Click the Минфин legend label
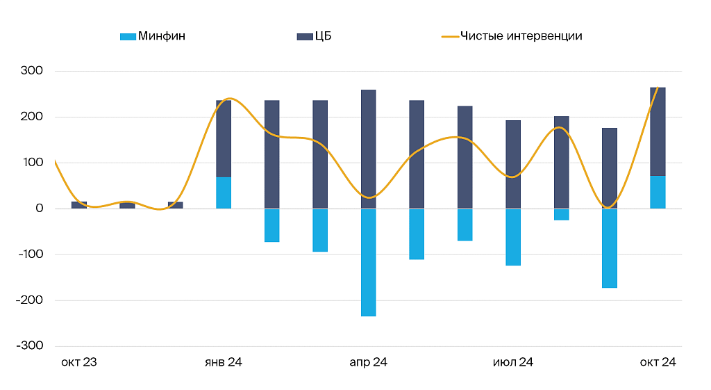(x=161, y=36)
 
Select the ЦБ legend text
(x=323, y=36)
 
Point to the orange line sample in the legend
(x=450, y=36)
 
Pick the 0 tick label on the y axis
(x=39, y=209)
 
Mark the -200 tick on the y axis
(x=31, y=300)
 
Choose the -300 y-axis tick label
(x=31, y=346)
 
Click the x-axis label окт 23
(x=78, y=362)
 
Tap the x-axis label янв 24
(x=224, y=362)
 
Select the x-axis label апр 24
(x=368, y=362)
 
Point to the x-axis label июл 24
(x=513, y=362)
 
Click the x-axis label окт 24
(x=658, y=362)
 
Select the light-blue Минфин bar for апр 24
(x=368, y=262)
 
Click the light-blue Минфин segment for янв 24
(x=224, y=193)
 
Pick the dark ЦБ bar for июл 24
(x=513, y=164)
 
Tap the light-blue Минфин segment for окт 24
(x=658, y=193)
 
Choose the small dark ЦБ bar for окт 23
(x=78, y=205)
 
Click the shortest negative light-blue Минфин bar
(x=561, y=214)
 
